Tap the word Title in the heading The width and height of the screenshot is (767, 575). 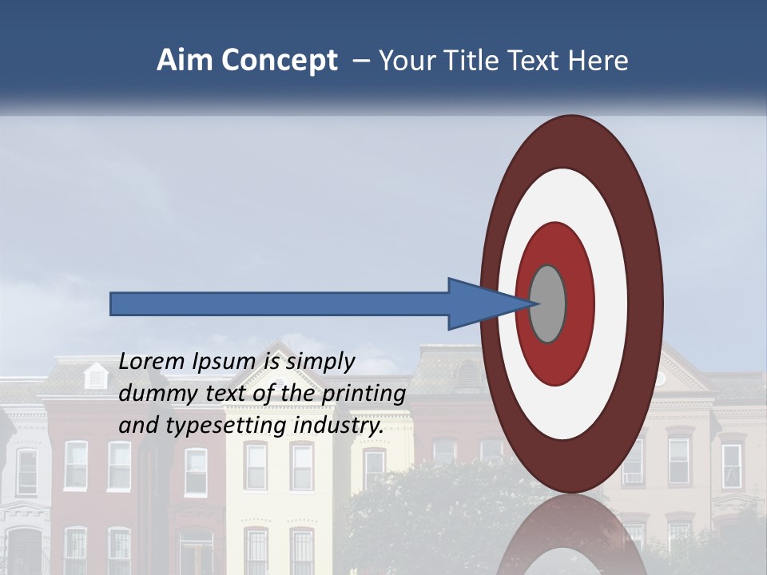(x=471, y=61)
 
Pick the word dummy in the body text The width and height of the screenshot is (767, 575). (x=156, y=394)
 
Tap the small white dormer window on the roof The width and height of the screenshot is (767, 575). (x=96, y=375)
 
